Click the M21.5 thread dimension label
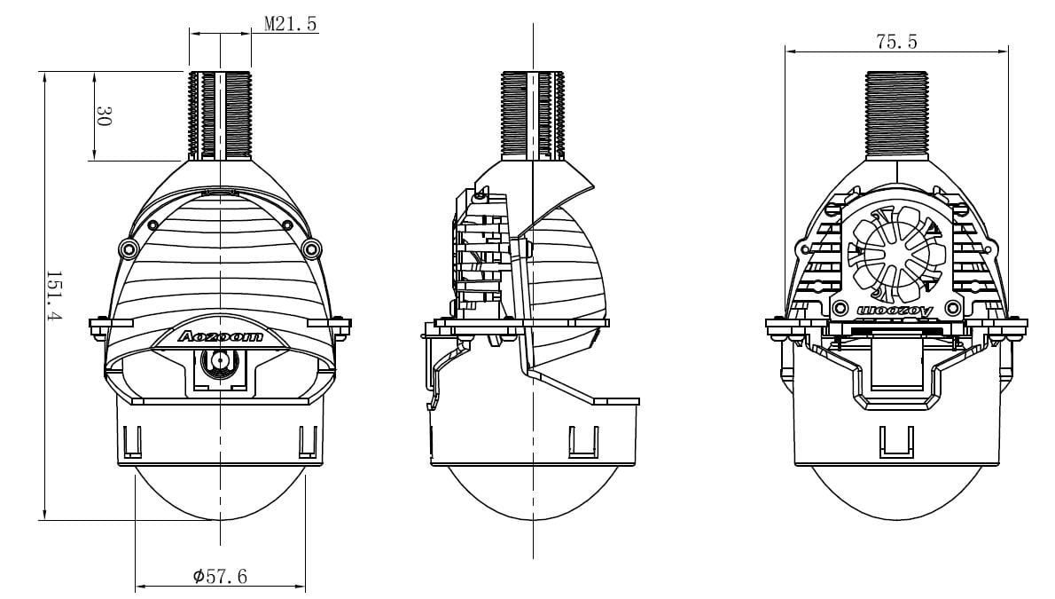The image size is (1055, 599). [x=290, y=24]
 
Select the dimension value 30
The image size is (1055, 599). [x=104, y=116]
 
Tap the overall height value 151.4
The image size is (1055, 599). [x=54, y=296]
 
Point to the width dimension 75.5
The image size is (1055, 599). [x=896, y=42]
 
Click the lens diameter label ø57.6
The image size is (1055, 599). [x=220, y=577]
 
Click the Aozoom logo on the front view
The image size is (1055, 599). [x=220, y=336]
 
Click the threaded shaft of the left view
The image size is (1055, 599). [x=220, y=115]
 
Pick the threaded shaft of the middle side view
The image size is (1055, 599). [x=533, y=115]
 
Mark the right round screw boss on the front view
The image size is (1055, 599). [x=311, y=247]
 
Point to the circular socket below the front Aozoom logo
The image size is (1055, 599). [x=219, y=361]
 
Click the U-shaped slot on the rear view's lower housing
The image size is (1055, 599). [x=895, y=441]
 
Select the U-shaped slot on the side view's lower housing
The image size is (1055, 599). [x=582, y=441]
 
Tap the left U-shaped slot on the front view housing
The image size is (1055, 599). [x=133, y=441]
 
